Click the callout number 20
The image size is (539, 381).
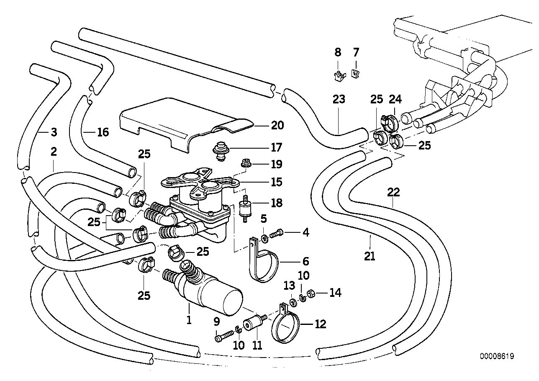277,125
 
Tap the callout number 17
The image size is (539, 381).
276,147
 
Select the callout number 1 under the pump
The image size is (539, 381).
189,321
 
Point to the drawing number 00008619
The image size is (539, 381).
497,357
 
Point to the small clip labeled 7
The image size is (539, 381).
355,75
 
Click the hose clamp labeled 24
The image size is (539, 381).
389,120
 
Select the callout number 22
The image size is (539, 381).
393,192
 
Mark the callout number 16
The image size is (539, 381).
103,132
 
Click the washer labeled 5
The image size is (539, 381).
264,239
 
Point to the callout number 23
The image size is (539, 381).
339,99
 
